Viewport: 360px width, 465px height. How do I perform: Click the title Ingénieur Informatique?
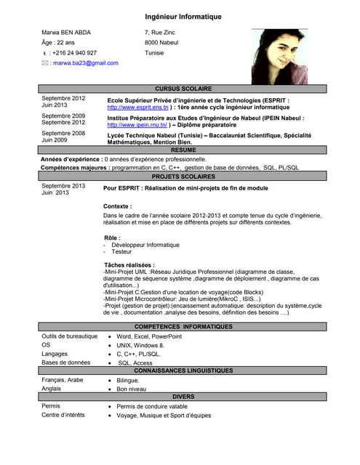183,17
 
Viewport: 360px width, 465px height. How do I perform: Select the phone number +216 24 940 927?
73,53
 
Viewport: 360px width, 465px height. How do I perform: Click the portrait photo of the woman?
279,57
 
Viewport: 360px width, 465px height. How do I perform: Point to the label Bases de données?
66,363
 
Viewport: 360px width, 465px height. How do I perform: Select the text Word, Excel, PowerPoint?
150,337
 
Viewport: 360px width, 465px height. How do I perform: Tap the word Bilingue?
128,380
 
